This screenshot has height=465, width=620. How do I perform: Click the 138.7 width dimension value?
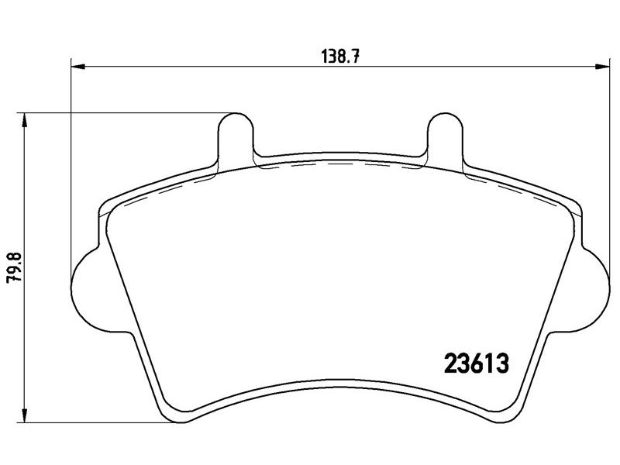point(340,56)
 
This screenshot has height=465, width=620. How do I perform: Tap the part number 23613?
point(476,363)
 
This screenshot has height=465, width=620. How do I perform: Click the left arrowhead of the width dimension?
point(78,67)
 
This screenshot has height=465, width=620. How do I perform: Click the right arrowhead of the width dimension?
point(602,67)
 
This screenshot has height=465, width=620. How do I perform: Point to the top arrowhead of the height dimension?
point(25,120)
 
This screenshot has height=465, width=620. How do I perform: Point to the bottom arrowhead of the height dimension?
point(25,415)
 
